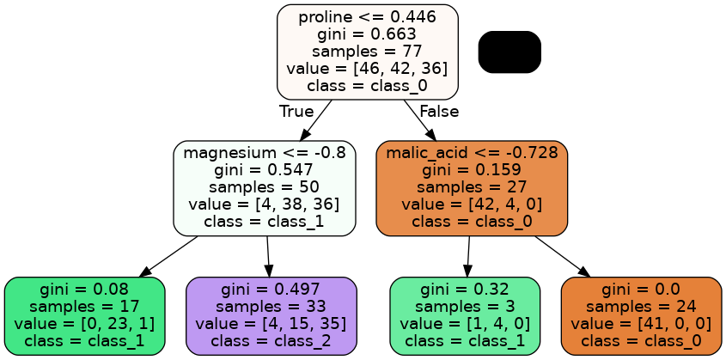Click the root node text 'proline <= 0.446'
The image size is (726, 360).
[367, 16]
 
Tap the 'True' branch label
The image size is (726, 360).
[296, 112]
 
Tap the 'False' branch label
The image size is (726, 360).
[439, 112]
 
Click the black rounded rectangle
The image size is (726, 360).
[509, 52]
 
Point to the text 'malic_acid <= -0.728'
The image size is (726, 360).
[472, 153]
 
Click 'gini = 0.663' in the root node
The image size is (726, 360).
[367, 34]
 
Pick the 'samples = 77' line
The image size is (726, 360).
[367, 51]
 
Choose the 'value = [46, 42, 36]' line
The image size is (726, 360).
[367, 68]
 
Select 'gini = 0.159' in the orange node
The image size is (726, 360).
[472, 170]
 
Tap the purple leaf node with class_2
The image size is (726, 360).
[271, 315]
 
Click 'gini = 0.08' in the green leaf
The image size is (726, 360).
[84, 290]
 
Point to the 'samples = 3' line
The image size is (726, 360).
[465, 307]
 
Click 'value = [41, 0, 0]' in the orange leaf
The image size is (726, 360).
[641, 324]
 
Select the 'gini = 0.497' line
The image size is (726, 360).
[271, 290]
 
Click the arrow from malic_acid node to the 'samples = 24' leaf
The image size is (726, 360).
[563, 256]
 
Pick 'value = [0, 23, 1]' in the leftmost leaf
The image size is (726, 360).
[84, 324]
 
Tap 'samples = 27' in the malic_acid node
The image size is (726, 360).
[472, 187]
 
